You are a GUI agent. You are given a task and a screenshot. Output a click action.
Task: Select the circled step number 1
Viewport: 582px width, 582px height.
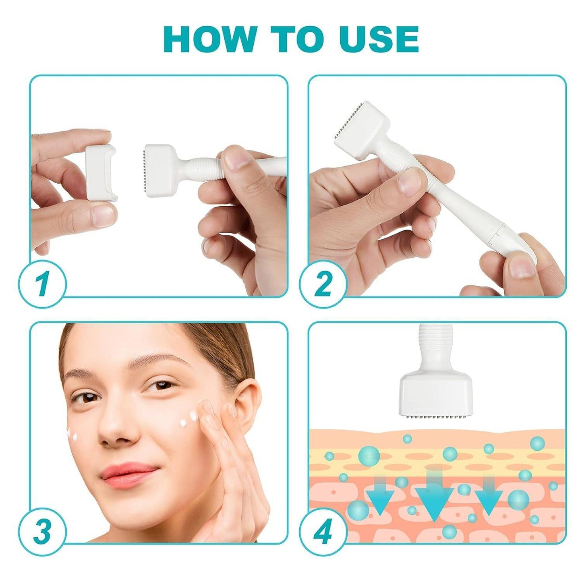pos(42,284)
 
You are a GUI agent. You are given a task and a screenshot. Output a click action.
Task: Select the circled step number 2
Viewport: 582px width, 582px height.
pos(323,284)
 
